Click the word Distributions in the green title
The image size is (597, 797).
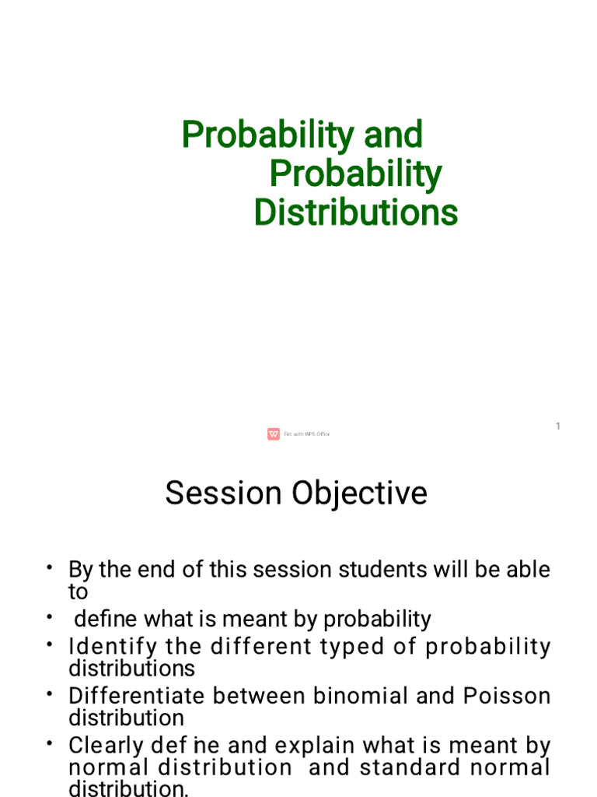click(x=355, y=212)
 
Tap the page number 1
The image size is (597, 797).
click(x=557, y=426)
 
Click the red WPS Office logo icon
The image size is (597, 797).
click(x=274, y=434)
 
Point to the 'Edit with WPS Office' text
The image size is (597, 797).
click(x=306, y=434)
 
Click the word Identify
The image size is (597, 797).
click(x=113, y=647)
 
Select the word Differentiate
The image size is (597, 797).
click(x=138, y=696)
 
